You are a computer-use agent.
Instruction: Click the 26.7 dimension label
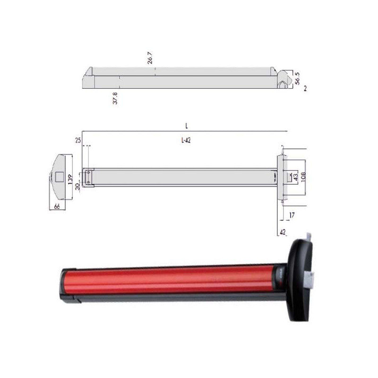pyautogui.click(x=150, y=59)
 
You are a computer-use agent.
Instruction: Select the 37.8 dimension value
pyautogui.click(x=115, y=98)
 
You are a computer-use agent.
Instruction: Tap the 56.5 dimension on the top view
pyautogui.click(x=297, y=78)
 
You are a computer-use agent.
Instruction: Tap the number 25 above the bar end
pyautogui.click(x=77, y=140)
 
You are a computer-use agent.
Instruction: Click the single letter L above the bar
pyautogui.click(x=187, y=126)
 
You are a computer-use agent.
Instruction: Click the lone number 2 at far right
pyautogui.click(x=305, y=88)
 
